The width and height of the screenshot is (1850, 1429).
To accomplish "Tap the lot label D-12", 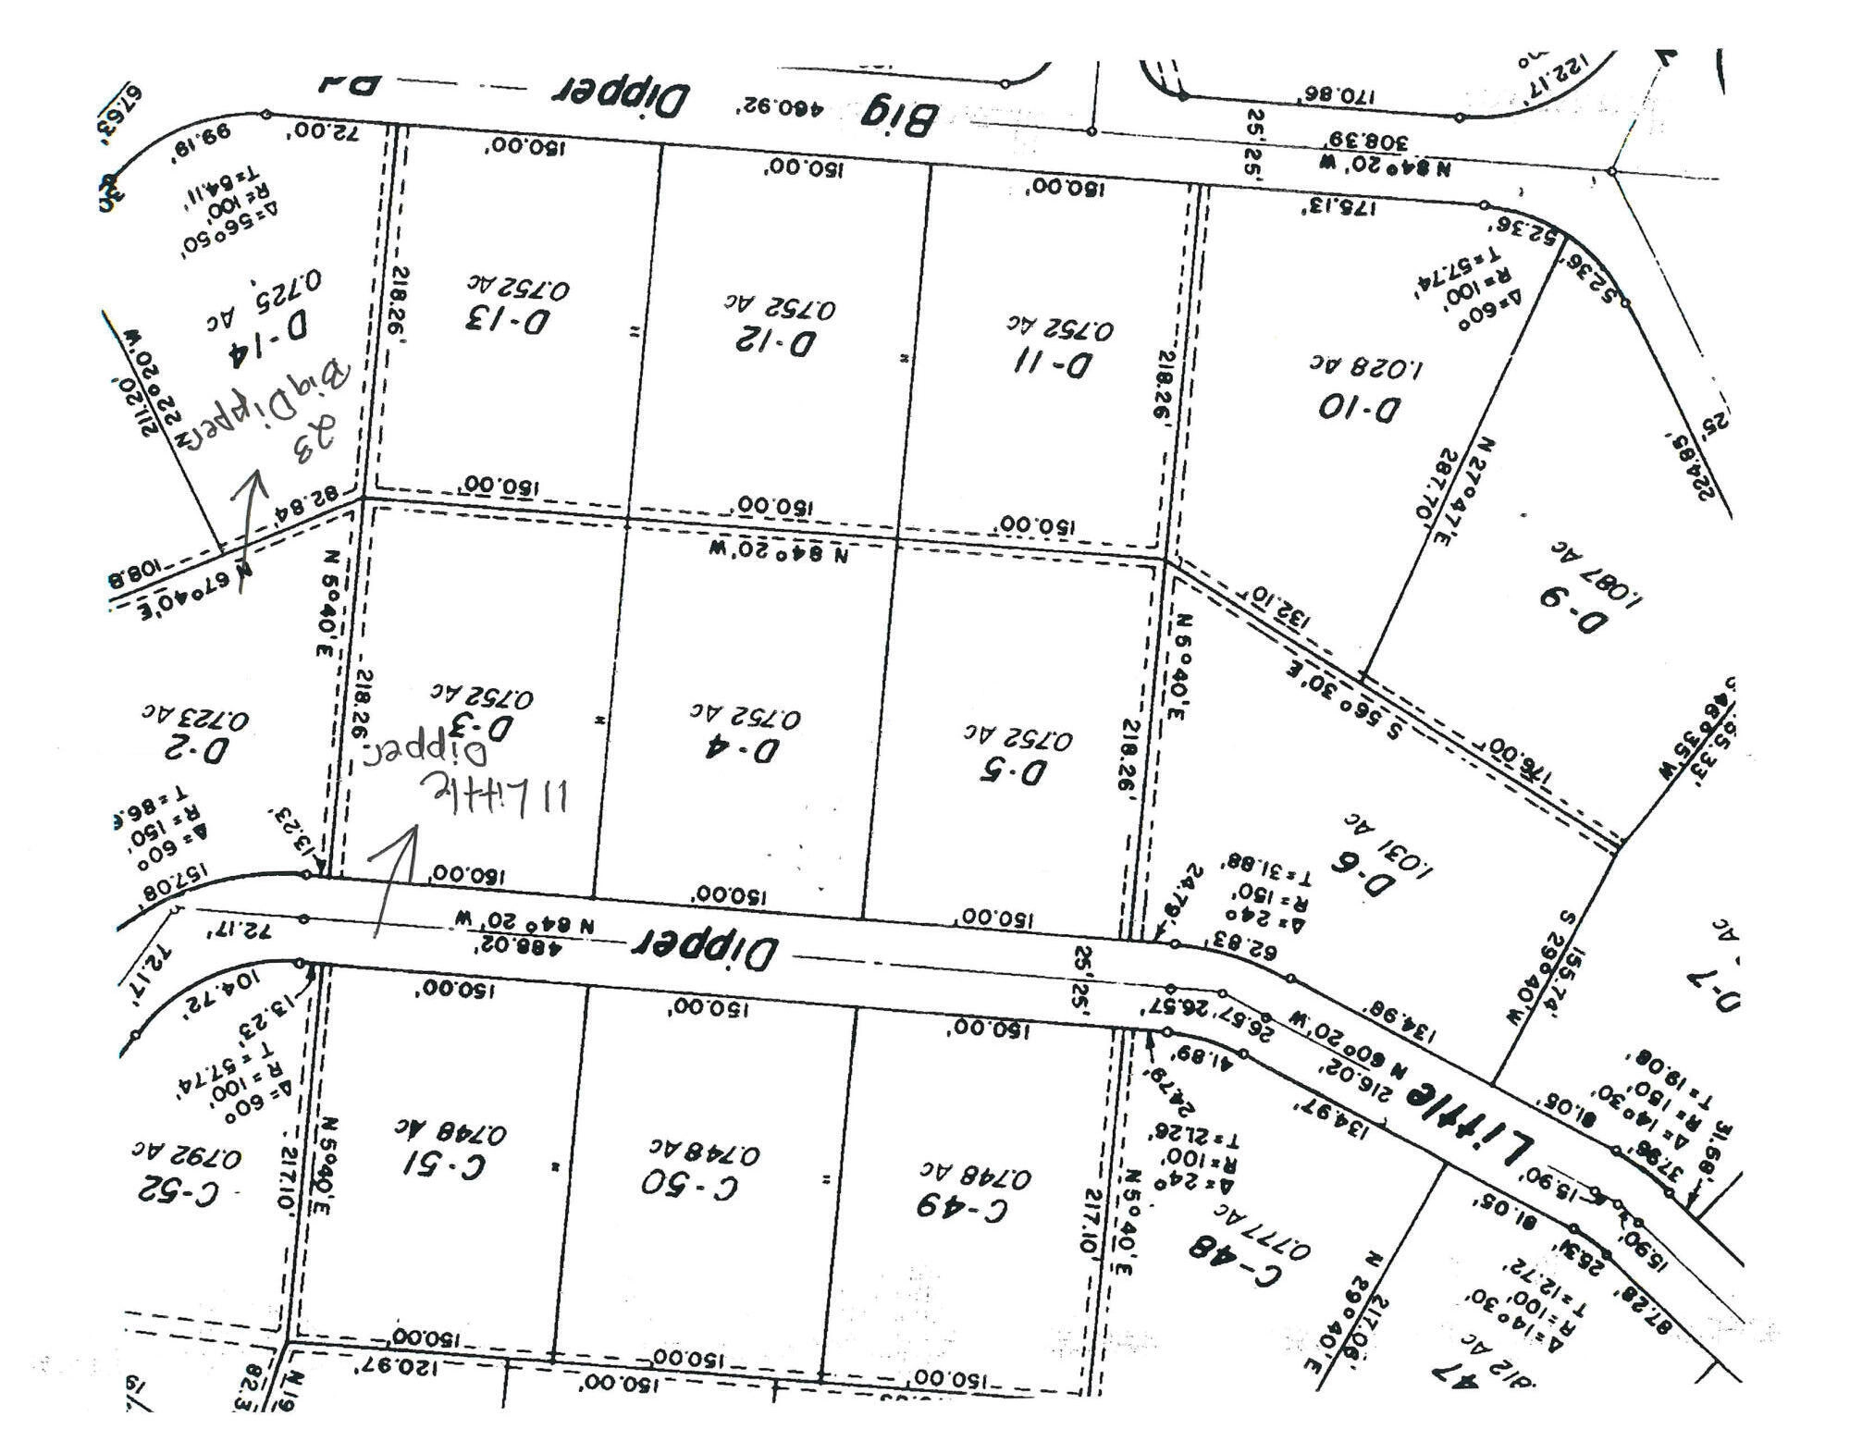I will coord(776,341).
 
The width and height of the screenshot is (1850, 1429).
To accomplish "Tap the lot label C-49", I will coord(961,1207).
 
